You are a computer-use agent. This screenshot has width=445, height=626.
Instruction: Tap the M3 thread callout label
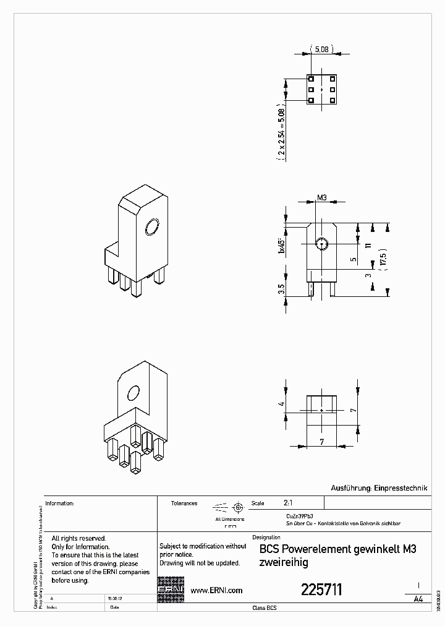(321, 198)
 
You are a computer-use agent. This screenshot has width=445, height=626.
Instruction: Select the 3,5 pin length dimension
(282, 289)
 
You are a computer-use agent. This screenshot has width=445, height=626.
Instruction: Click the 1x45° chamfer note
(281, 245)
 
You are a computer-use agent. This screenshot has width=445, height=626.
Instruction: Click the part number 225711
(321, 590)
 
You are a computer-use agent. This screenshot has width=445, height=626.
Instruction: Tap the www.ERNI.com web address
(216, 591)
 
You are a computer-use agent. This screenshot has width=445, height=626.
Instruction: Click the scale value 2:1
(289, 503)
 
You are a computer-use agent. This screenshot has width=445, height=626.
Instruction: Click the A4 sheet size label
(418, 599)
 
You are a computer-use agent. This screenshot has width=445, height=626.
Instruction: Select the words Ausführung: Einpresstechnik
(379, 488)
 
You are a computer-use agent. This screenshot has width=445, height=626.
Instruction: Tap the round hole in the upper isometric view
(151, 228)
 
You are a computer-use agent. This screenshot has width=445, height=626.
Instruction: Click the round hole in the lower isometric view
(133, 393)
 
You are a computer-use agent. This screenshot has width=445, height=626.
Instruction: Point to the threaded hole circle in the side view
(321, 243)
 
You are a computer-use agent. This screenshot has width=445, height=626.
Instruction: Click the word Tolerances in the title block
(184, 504)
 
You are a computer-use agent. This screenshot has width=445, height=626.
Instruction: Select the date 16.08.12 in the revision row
(114, 599)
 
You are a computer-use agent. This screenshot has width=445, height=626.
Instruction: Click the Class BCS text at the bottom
(265, 609)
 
